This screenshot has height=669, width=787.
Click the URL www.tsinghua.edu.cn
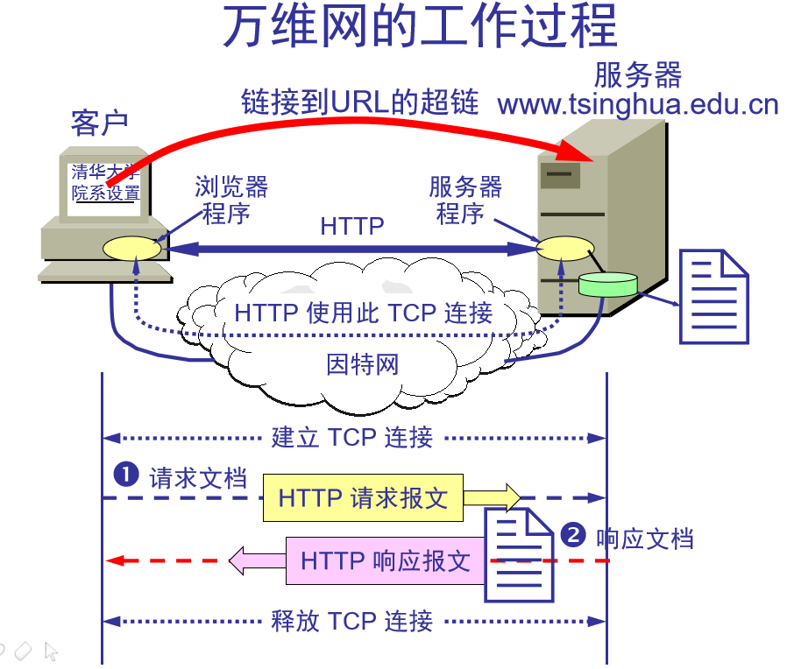pos(637,105)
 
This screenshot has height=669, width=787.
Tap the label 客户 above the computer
pos(99,123)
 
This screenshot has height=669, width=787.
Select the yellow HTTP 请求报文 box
pos(363,499)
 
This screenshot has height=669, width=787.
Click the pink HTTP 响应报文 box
pos(386,560)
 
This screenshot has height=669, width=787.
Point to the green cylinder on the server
pos(607,284)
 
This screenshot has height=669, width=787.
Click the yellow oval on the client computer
pos(132,248)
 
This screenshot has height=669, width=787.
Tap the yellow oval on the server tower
pos(565,249)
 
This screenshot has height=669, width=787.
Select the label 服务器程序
pos(464,200)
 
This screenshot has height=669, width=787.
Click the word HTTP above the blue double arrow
pos(352,226)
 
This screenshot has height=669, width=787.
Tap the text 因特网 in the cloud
pos(363,363)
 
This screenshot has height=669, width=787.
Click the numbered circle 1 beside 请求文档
pos(127,475)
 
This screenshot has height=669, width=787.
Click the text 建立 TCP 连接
pos(352,438)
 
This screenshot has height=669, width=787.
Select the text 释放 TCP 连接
pos(352,622)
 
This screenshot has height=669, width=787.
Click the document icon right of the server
pos(714,296)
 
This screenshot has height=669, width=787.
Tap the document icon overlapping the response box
pos(520,557)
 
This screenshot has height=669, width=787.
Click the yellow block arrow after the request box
pos(492,498)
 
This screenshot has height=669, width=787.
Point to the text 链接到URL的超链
pos(360,102)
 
